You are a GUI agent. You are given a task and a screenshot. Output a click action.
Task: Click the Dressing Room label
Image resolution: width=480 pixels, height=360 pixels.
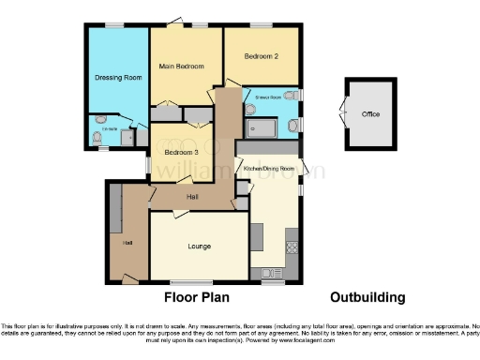tap(118, 78)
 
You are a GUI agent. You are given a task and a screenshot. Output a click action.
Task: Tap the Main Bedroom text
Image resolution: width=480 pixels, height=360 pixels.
tap(181, 67)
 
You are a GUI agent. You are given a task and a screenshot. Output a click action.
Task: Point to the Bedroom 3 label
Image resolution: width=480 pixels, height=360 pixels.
tap(181, 152)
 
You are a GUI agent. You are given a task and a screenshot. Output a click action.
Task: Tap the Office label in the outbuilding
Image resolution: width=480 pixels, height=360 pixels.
tap(371, 114)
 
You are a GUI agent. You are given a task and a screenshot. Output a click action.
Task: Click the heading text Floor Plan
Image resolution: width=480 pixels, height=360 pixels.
tap(198, 297)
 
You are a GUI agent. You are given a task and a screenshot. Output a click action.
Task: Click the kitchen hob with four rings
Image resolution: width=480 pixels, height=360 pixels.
tap(292, 247)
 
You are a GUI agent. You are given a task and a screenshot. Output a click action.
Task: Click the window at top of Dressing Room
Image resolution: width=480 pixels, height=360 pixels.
tap(116, 25)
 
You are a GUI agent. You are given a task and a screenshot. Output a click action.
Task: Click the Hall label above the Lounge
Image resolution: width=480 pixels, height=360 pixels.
tap(192, 197)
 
